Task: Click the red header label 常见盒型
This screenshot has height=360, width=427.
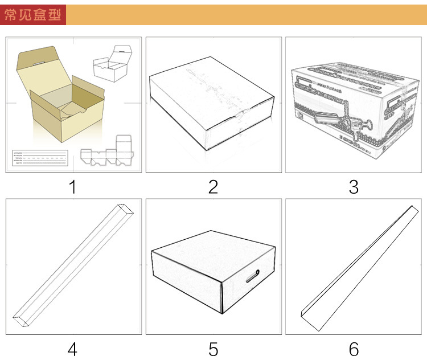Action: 33,15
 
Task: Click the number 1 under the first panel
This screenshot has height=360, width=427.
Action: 72,186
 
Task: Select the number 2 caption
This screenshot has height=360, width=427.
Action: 213,186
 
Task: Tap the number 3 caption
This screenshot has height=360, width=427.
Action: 354,186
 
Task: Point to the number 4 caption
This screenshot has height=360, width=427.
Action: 72,348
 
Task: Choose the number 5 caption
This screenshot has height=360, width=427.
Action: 213,348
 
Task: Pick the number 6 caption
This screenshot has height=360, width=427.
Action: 354,348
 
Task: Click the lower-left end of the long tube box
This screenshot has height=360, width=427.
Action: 20,321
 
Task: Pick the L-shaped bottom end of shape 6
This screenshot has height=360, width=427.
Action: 309,320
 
